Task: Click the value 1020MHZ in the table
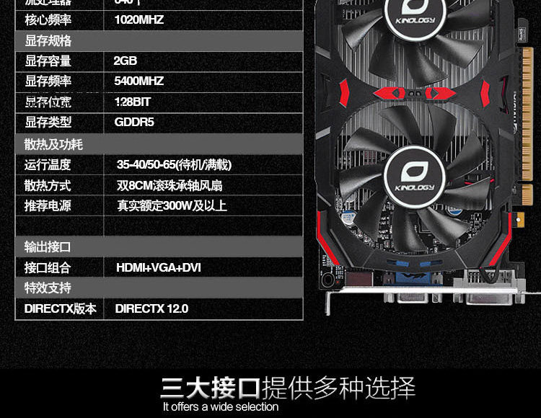pos(138,20)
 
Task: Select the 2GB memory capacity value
pos(125,61)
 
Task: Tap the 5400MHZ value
pos(138,81)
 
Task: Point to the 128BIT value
pos(132,102)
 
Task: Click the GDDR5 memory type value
pos(134,122)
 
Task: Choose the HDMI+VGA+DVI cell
pos(158,268)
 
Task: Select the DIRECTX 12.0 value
pos(151,308)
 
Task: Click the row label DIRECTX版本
pos(60,308)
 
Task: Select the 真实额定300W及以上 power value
pos(172,206)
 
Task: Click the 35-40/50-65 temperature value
pos(174,165)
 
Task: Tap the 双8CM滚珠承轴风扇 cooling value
pos(171,185)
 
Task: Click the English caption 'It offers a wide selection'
pos(221,407)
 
